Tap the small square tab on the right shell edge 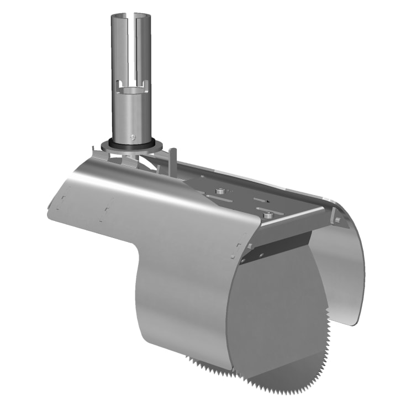338,220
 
